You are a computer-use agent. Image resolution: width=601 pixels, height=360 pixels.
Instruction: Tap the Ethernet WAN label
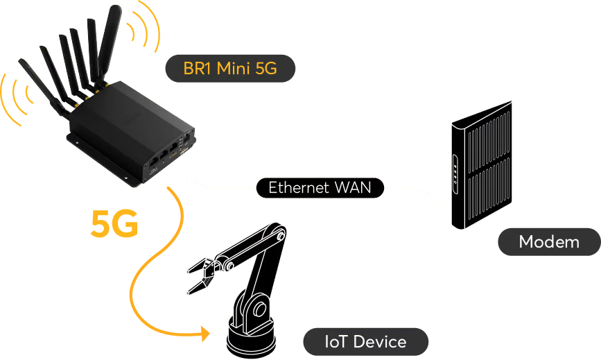point(319,187)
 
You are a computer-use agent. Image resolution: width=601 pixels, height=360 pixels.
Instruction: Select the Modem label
point(548,242)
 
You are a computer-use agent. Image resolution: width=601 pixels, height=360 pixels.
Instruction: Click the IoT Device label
point(365,341)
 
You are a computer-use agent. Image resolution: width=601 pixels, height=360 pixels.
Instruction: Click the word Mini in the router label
point(234,69)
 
